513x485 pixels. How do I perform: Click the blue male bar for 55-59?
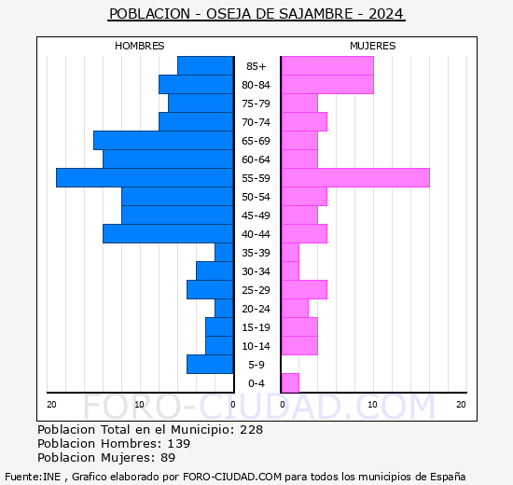click(145, 177)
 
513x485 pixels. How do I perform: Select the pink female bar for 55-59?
click(354, 177)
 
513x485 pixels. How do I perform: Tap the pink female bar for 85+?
click(326, 65)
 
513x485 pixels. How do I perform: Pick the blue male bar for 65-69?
click(163, 140)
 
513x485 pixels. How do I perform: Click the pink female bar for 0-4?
click(290, 382)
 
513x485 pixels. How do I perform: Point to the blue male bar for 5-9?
click(210, 364)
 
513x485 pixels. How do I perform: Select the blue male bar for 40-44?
click(168, 233)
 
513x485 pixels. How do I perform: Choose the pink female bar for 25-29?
click(303, 289)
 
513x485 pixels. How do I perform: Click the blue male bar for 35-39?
click(224, 252)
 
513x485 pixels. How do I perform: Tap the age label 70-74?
click(256, 122)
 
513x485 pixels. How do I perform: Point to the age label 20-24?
click(256, 309)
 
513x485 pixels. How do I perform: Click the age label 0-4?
click(256, 383)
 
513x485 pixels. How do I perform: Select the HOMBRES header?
click(140, 46)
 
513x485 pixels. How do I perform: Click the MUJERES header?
click(372, 46)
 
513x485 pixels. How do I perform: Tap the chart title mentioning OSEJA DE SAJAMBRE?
click(256, 14)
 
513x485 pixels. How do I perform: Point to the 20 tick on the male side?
click(52, 404)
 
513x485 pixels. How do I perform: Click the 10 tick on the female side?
click(372, 404)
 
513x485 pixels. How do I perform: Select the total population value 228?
click(251, 430)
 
